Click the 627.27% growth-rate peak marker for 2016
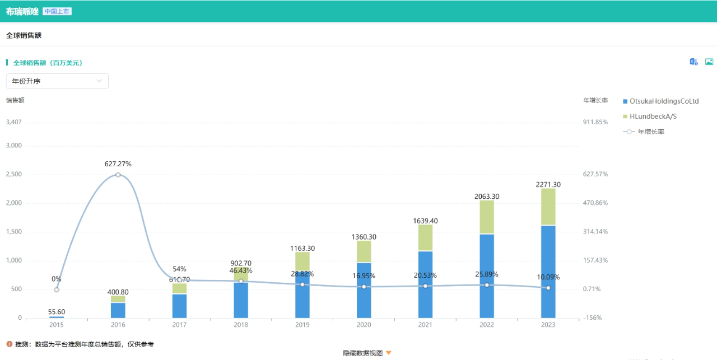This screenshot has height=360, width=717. pos(118,175)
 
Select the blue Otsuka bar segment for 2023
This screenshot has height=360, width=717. pos(548,272)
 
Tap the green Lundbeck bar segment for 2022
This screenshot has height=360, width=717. pos(487,217)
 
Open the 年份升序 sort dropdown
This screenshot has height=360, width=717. pos(57,81)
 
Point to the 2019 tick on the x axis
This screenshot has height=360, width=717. pos(302,325)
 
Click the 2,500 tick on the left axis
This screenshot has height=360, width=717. pos(13,175)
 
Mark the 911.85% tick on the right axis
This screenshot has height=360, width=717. pos(595,122)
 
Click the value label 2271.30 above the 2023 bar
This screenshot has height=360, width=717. pos(548,184)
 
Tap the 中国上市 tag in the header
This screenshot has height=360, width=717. pos(57,11)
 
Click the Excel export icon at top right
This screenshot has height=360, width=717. pos(693,62)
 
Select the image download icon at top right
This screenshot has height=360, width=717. pos(709,62)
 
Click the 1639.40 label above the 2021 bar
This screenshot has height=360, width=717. pos(425,221)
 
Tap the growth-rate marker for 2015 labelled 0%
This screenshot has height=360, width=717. pos(57,289)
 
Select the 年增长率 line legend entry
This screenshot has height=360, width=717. pos(644,132)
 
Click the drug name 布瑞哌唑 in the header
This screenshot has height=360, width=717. pos(22,11)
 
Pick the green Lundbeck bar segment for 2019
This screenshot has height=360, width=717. pos(302,261)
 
